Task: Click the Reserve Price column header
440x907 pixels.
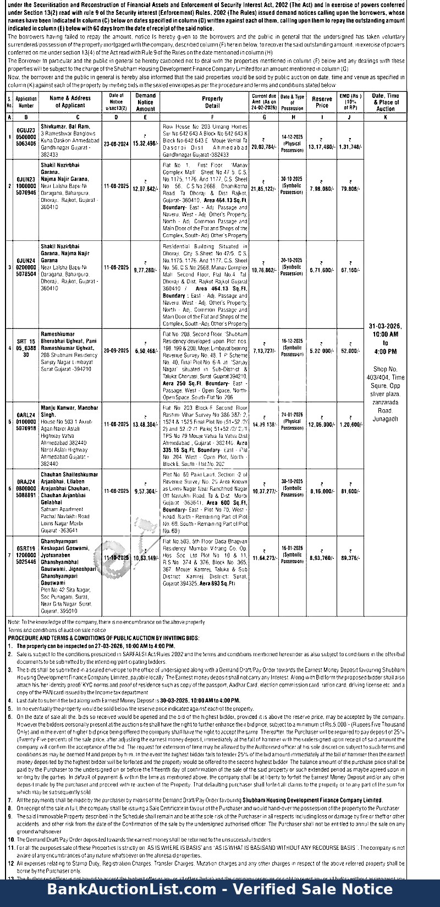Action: click(322, 102)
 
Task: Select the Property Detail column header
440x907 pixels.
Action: click(212, 102)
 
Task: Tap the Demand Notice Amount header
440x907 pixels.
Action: click(145, 102)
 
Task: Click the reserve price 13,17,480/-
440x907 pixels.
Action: click(322, 147)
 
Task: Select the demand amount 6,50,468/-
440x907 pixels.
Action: click(145, 351)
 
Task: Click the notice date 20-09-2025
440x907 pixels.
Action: click(116, 350)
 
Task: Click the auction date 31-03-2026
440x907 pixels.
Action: click(385, 326)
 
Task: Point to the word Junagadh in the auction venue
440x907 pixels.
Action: click(385, 419)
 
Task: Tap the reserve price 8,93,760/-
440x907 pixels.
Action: click(322, 558)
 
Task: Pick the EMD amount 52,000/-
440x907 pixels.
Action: click(350, 351)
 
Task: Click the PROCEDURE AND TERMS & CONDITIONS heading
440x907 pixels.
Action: click(103, 638)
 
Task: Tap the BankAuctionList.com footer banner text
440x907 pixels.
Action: click(220, 890)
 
